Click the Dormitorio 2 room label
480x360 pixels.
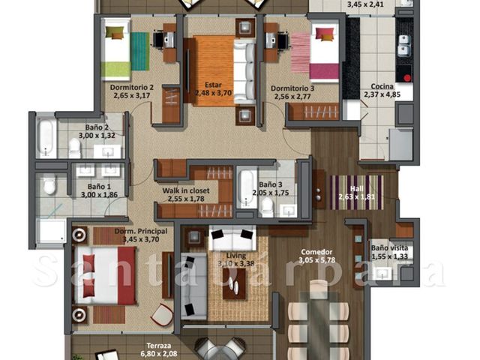132,88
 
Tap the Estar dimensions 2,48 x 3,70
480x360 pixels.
213,93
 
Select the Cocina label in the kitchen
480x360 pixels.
382,86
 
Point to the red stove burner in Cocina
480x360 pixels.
407,78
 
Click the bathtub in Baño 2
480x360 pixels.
46,138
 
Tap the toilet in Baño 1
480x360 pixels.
49,185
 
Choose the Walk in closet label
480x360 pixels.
186,190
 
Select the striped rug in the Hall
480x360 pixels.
357,192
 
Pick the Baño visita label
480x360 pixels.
389,247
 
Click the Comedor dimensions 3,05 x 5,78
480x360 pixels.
316,260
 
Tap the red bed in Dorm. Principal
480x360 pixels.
104,276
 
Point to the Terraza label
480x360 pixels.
158,346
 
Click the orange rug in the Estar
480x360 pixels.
214,70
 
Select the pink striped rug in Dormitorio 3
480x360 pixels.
301,53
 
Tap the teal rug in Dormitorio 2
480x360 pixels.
140,51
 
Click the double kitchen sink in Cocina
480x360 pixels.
404,45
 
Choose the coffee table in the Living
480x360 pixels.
234,283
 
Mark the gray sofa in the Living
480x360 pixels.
193,286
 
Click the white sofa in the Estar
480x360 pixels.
244,72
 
